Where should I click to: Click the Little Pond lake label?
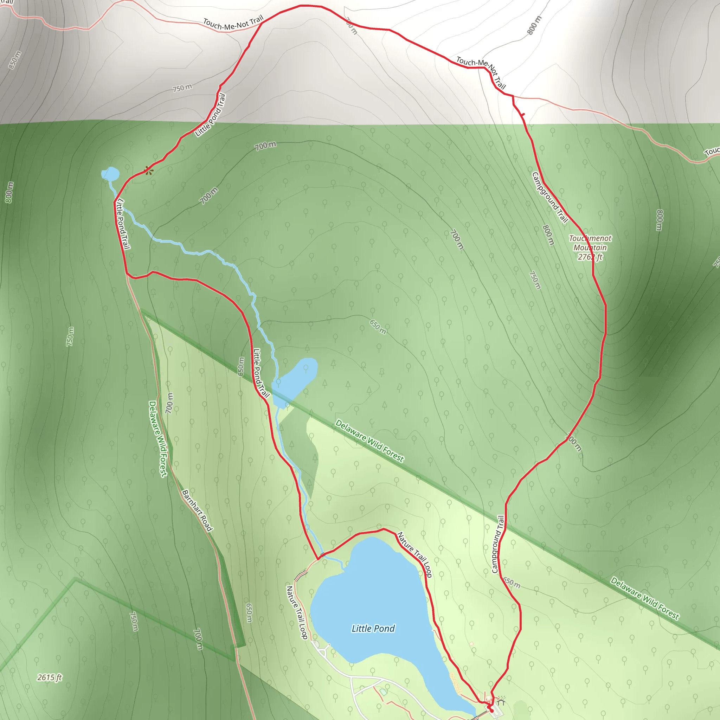click(x=373, y=629)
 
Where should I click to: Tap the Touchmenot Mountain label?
click(x=590, y=243)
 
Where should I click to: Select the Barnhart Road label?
click(x=197, y=510)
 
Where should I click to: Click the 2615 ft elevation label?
click(x=50, y=677)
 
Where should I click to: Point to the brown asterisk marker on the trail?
click(x=149, y=171)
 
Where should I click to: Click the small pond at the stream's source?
click(x=110, y=174)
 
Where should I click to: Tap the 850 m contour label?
click(x=15, y=60)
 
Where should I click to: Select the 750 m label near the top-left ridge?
click(x=182, y=88)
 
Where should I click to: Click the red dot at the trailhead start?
click(x=491, y=711)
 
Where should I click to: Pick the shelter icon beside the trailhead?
click(x=501, y=702)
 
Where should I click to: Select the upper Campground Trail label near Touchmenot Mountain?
click(x=550, y=197)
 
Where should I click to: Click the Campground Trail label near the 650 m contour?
click(x=498, y=544)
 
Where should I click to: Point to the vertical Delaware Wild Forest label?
click(x=158, y=439)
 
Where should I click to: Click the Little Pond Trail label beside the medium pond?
click(x=261, y=373)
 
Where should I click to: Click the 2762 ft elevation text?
click(x=590, y=257)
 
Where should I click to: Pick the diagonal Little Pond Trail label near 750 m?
click(x=211, y=115)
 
